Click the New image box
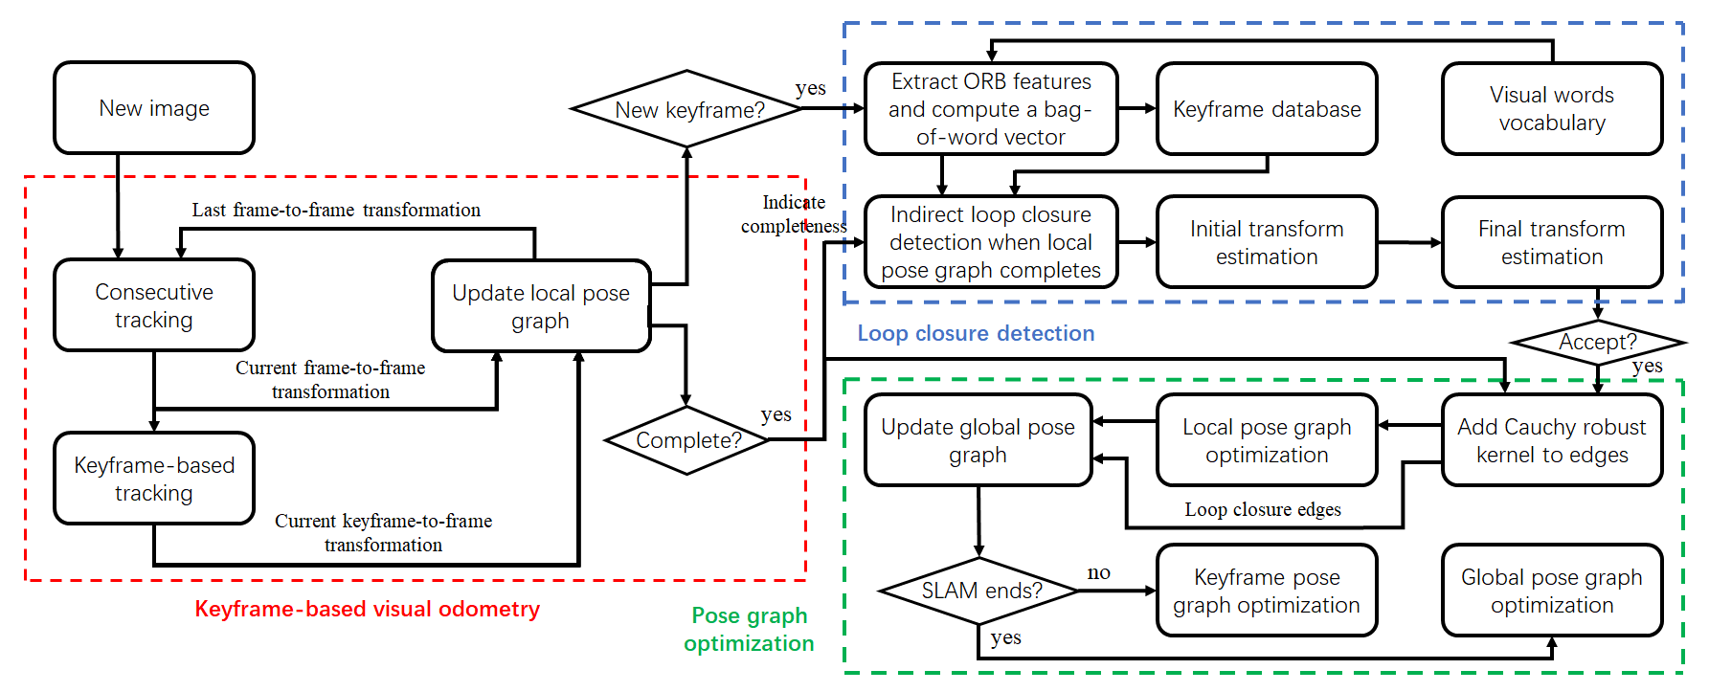pos(154,108)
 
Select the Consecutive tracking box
pos(154,305)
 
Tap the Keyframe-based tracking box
pos(154,479)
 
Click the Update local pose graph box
pos(541,306)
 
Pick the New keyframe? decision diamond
pos(687,109)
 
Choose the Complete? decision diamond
pos(687,440)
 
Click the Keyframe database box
pos(1267,109)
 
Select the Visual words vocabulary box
pos(1551,109)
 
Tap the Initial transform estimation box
pos(1267,242)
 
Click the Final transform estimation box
pos(1551,242)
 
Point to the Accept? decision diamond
pos(1597,342)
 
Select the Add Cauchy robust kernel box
pos(1551,440)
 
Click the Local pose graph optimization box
pos(1267,440)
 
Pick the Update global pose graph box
pos(978,440)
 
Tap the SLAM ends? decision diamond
pos(979,591)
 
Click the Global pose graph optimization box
pos(1551,591)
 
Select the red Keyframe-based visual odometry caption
pos(367,609)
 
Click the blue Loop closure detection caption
pos(976,333)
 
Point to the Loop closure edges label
pos(1262,509)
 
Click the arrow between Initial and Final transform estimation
pos(1409,242)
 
